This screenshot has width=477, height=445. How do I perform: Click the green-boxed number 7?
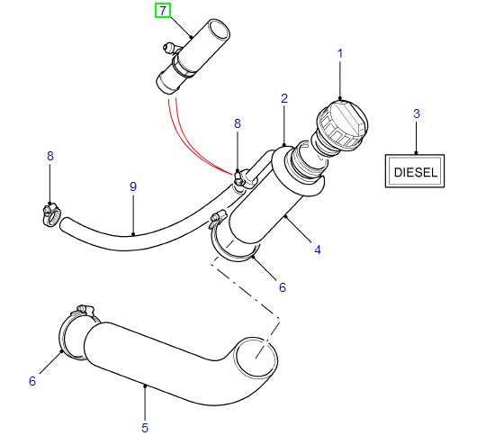point(162,11)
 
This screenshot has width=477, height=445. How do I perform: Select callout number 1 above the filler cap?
point(340,55)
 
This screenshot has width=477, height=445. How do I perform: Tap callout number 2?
point(416,114)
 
